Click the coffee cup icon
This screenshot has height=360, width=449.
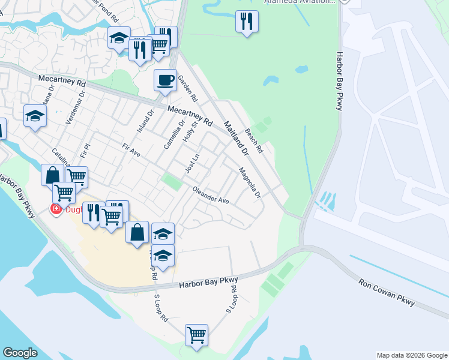165,80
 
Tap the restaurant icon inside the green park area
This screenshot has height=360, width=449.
247,22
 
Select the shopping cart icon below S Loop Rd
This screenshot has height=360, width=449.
196,335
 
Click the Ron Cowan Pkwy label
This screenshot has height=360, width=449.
387,292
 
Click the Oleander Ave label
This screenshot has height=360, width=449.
211,196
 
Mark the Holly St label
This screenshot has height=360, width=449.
190,134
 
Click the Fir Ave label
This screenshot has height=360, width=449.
131,150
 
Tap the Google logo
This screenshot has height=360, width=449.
20,353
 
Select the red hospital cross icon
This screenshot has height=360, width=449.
56,210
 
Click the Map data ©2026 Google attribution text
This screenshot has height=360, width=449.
411,355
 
